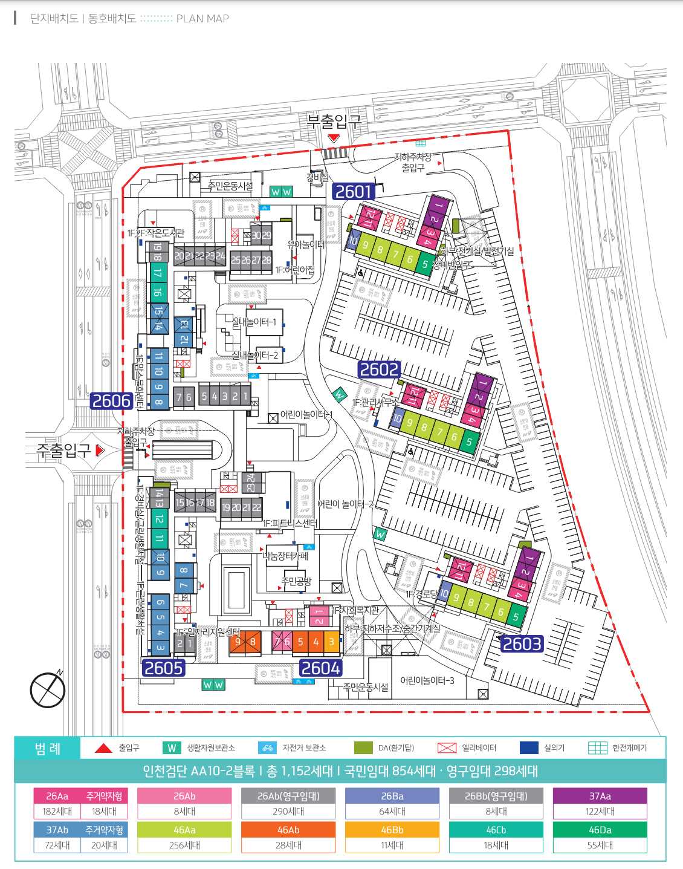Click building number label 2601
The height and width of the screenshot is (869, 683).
(x=354, y=192)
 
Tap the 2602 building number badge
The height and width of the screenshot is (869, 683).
(x=379, y=369)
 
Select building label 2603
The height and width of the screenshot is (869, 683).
(x=522, y=644)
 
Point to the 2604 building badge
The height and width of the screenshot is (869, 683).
(x=320, y=668)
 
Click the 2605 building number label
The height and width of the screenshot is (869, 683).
(x=164, y=668)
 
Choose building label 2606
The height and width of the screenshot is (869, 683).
(x=111, y=401)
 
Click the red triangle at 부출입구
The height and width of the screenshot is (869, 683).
(x=334, y=138)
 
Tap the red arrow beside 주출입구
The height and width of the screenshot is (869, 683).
(x=100, y=451)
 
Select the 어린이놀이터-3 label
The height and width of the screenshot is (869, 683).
(x=427, y=681)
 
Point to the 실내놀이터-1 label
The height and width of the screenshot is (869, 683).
(x=254, y=322)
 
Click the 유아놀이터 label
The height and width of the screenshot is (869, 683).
(x=306, y=245)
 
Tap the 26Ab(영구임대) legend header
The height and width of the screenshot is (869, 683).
(x=288, y=796)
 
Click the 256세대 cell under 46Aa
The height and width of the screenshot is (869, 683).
(x=184, y=845)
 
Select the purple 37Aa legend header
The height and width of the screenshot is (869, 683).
(x=600, y=796)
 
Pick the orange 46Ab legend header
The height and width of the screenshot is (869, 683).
(x=288, y=830)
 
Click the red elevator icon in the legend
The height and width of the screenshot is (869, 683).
(x=447, y=748)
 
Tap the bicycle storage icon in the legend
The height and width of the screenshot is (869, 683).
(x=267, y=748)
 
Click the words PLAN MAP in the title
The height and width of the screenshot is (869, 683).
(x=202, y=19)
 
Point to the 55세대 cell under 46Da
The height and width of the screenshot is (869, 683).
(x=600, y=845)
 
